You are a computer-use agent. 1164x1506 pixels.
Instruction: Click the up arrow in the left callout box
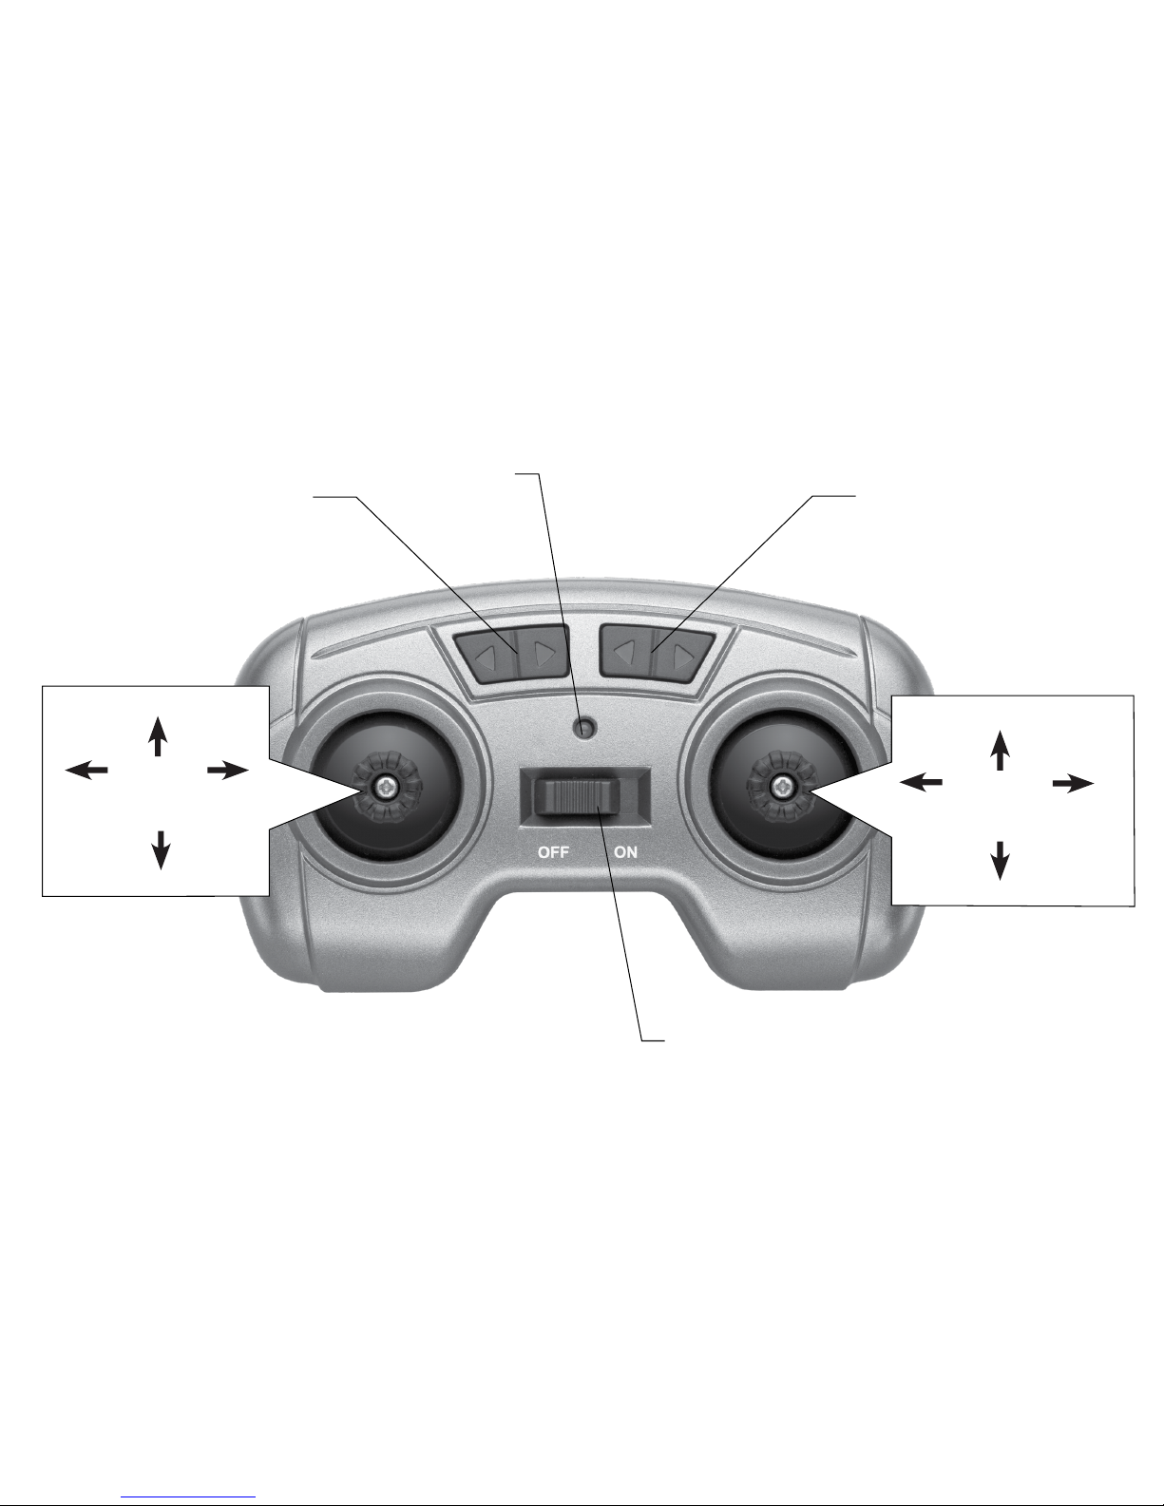click(158, 736)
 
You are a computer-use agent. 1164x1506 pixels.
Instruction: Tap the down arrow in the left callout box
click(161, 849)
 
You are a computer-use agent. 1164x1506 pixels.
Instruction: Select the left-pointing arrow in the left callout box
click(86, 770)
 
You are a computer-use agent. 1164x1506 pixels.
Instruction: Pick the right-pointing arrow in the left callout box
click(228, 770)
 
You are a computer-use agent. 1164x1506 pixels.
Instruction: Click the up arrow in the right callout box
click(999, 750)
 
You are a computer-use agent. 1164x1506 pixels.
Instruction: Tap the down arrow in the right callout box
click(1000, 861)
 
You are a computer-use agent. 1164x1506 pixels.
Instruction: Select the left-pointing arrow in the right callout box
click(921, 782)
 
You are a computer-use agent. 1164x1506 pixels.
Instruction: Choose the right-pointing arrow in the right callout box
click(1073, 784)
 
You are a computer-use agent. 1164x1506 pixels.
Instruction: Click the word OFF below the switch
click(554, 852)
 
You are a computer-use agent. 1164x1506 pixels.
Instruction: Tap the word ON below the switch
click(625, 852)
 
